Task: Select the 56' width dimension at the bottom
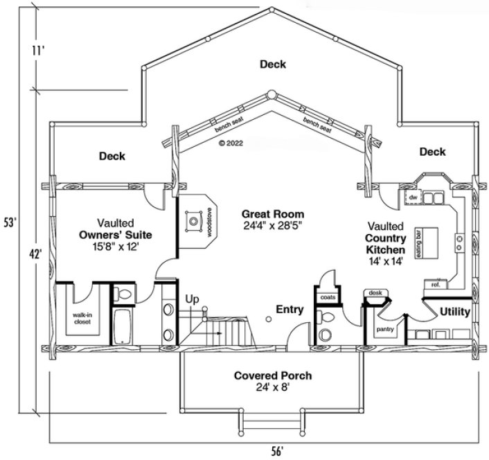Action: (x=277, y=450)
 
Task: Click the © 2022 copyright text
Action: (x=231, y=143)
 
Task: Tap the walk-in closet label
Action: (x=83, y=318)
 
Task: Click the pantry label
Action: (x=386, y=330)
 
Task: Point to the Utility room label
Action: (x=454, y=312)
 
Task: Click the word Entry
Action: (x=290, y=308)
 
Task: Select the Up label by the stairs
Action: (x=192, y=299)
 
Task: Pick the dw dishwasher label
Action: (x=413, y=198)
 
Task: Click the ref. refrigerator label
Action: (x=436, y=284)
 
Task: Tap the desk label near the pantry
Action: (x=375, y=293)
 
